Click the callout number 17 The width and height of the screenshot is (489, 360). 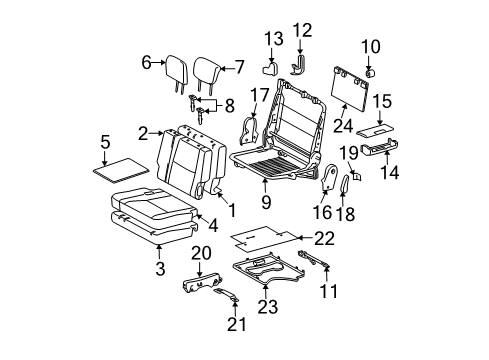pyautogui.click(x=255, y=97)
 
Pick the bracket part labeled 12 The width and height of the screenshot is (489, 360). pyautogui.click(x=299, y=65)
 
